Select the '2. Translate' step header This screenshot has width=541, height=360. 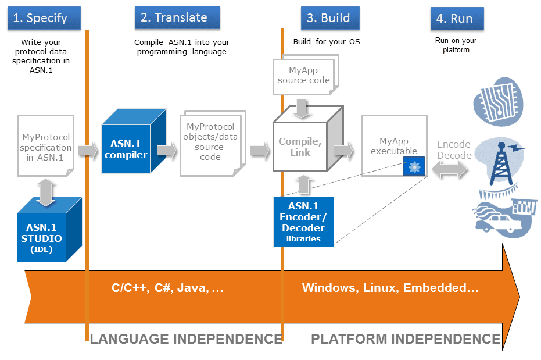(x=177, y=17)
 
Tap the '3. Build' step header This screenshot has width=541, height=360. (x=329, y=18)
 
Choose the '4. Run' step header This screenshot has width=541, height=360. (x=456, y=19)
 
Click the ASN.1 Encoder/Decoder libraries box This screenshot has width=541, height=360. (x=303, y=222)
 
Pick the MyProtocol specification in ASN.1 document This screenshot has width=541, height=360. (x=46, y=148)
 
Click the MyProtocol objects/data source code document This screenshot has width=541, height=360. (x=210, y=142)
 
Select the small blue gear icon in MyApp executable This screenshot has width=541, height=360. (x=414, y=167)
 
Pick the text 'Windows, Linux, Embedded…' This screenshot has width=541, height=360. (x=390, y=288)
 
